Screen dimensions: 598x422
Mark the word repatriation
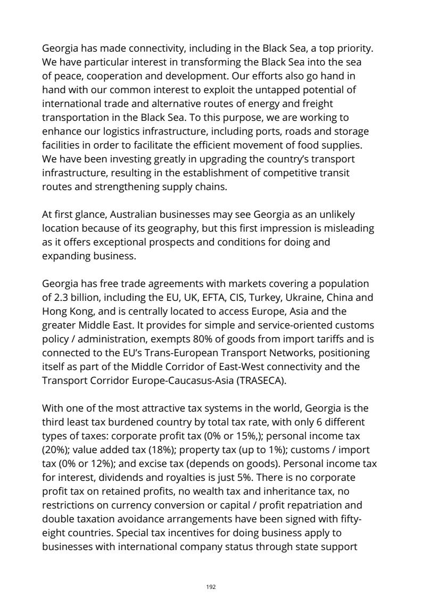click(321, 502)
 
